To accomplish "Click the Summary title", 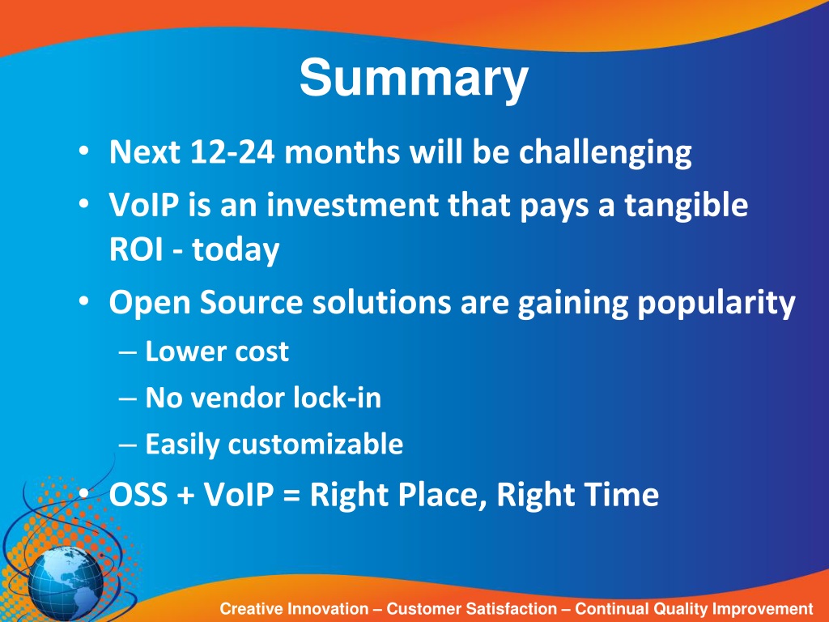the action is [414, 79].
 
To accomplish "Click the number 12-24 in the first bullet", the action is [232, 151].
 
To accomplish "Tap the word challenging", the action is [605, 153].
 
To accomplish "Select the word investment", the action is [353, 205].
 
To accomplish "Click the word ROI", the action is [136, 249].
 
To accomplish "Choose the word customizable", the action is [316, 444].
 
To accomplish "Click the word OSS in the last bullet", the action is [138, 495].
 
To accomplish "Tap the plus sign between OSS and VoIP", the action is [186, 496].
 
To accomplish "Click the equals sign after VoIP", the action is [291, 496].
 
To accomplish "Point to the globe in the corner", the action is [66, 583].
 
